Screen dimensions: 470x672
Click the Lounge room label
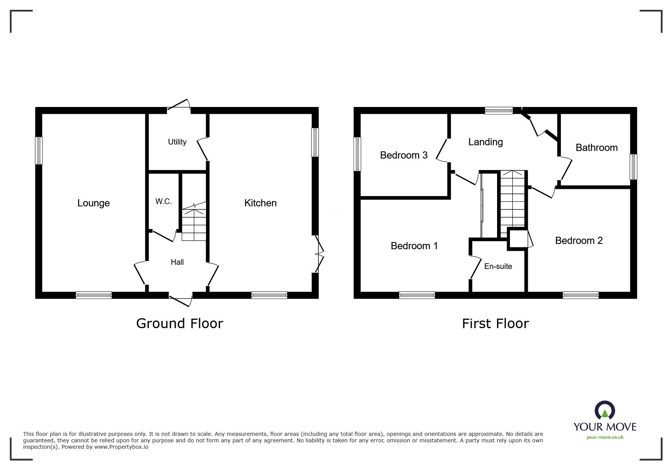pyautogui.click(x=93, y=203)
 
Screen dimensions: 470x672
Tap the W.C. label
pyautogui.click(x=164, y=201)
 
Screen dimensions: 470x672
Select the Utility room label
pyautogui.click(x=177, y=142)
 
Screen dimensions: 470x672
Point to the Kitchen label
pyautogui.click(x=260, y=203)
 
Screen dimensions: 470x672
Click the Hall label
pyautogui.click(x=177, y=262)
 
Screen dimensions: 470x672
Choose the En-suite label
pyautogui.click(x=498, y=266)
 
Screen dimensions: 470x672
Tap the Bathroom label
pyautogui.click(x=596, y=148)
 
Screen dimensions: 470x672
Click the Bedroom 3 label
pyautogui.click(x=404, y=155)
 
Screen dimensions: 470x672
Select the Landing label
pyautogui.click(x=485, y=142)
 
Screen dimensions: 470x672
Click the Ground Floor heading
pyautogui.click(x=179, y=323)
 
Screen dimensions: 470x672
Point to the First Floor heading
pyautogui.click(x=495, y=323)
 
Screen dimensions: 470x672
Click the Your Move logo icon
pyautogui.click(x=604, y=411)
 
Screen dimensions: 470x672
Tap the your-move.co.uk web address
pyautogui.click(x=605, y=437)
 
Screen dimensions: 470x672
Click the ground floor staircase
pyautogui.click(x=194, y=224)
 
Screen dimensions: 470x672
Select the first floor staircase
pyautogui.click(x=512, y=199)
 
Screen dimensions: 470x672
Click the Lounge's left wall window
pyautogui.click(x=39, y=151)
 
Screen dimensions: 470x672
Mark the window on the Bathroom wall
pyautogui.click(x=633, y=167)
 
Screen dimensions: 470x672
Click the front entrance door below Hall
pyautogui.click(x=181, y=299)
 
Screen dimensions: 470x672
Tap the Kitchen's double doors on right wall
pyautogui.click(x=319, y=253)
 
